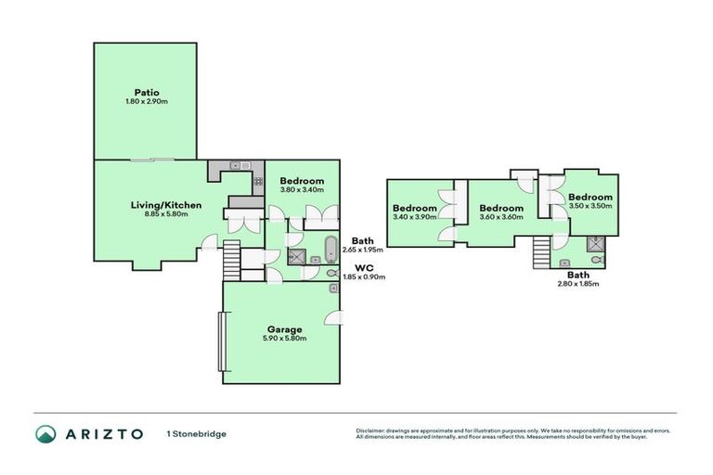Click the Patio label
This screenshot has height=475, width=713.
click(x=146, y=92)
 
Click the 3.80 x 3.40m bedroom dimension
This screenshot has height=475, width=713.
click(x=302, y=190)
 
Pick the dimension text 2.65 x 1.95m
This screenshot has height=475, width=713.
click(x=363, y=250)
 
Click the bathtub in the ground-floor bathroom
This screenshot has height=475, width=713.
click(x=331, y=250)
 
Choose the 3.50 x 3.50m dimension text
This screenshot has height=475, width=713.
click(x=590, y=206)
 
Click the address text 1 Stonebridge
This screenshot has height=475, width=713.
click(x=197, y=433)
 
